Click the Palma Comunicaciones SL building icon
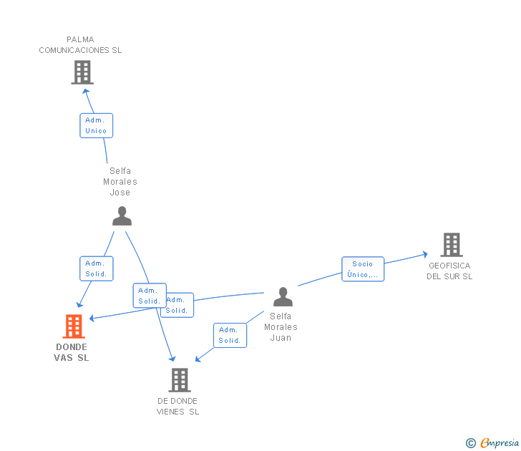point(82,72)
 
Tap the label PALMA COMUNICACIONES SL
point(80,45)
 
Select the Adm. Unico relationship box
point(96,125)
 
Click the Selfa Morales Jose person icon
point(122,215)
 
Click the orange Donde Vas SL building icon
point(74,326)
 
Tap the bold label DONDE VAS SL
point(72,352)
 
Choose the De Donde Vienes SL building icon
point(180,380)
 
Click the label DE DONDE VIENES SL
point(177,406)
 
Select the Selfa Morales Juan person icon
point(283,296)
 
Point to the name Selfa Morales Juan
point(281,326)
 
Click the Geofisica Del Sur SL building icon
point(451,245)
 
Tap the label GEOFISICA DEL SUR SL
point(449,271)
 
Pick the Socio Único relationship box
point(363,269)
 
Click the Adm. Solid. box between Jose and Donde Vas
point(96,268)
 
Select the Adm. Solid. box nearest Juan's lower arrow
point(230,335)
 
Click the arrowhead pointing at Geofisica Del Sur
point(425,253)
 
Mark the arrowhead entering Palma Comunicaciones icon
point(86,90)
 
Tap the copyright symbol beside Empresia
point(471,443)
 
